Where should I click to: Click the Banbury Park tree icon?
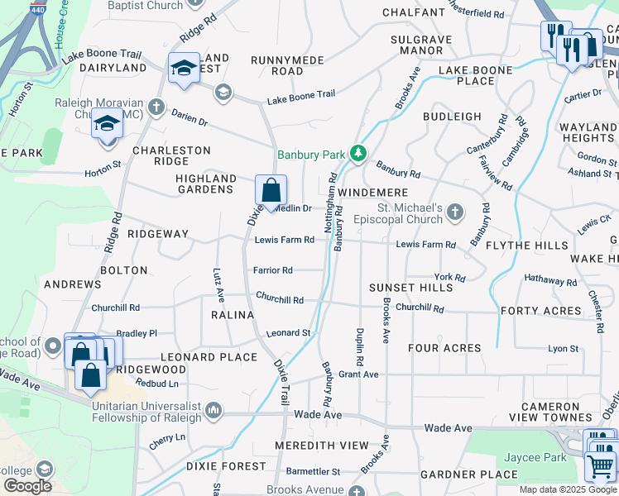click(x=357, y=153)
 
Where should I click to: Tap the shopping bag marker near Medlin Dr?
click(x=271, y=192)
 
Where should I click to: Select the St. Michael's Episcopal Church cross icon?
click(x=454, y=213)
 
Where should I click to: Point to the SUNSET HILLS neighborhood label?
click(x=411, y=287)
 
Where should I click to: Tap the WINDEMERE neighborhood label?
click(x=373, y=192)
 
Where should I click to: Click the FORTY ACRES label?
click(x=540, y=311)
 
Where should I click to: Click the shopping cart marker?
click(x=601, y=465)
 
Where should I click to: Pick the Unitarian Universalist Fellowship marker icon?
click(x=214, y=408)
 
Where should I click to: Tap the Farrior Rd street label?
click(x=273, y=270)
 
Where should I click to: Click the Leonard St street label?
click(x=288, y=333)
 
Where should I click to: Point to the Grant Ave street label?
click(x=358, y=374)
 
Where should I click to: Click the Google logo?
click(x=26, y=485)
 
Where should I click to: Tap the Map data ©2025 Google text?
click(x=567, y=489)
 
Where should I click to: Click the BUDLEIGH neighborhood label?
click(x=452, y=117)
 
